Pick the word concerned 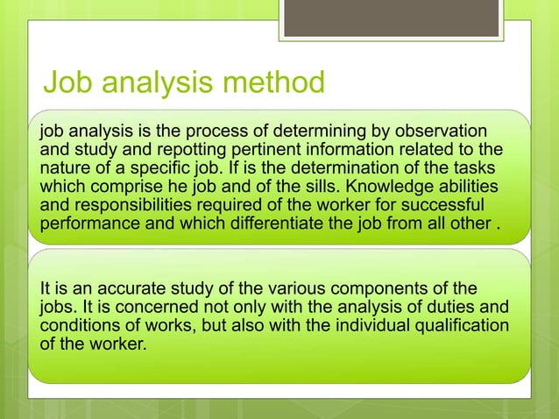147,308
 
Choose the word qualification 449,325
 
